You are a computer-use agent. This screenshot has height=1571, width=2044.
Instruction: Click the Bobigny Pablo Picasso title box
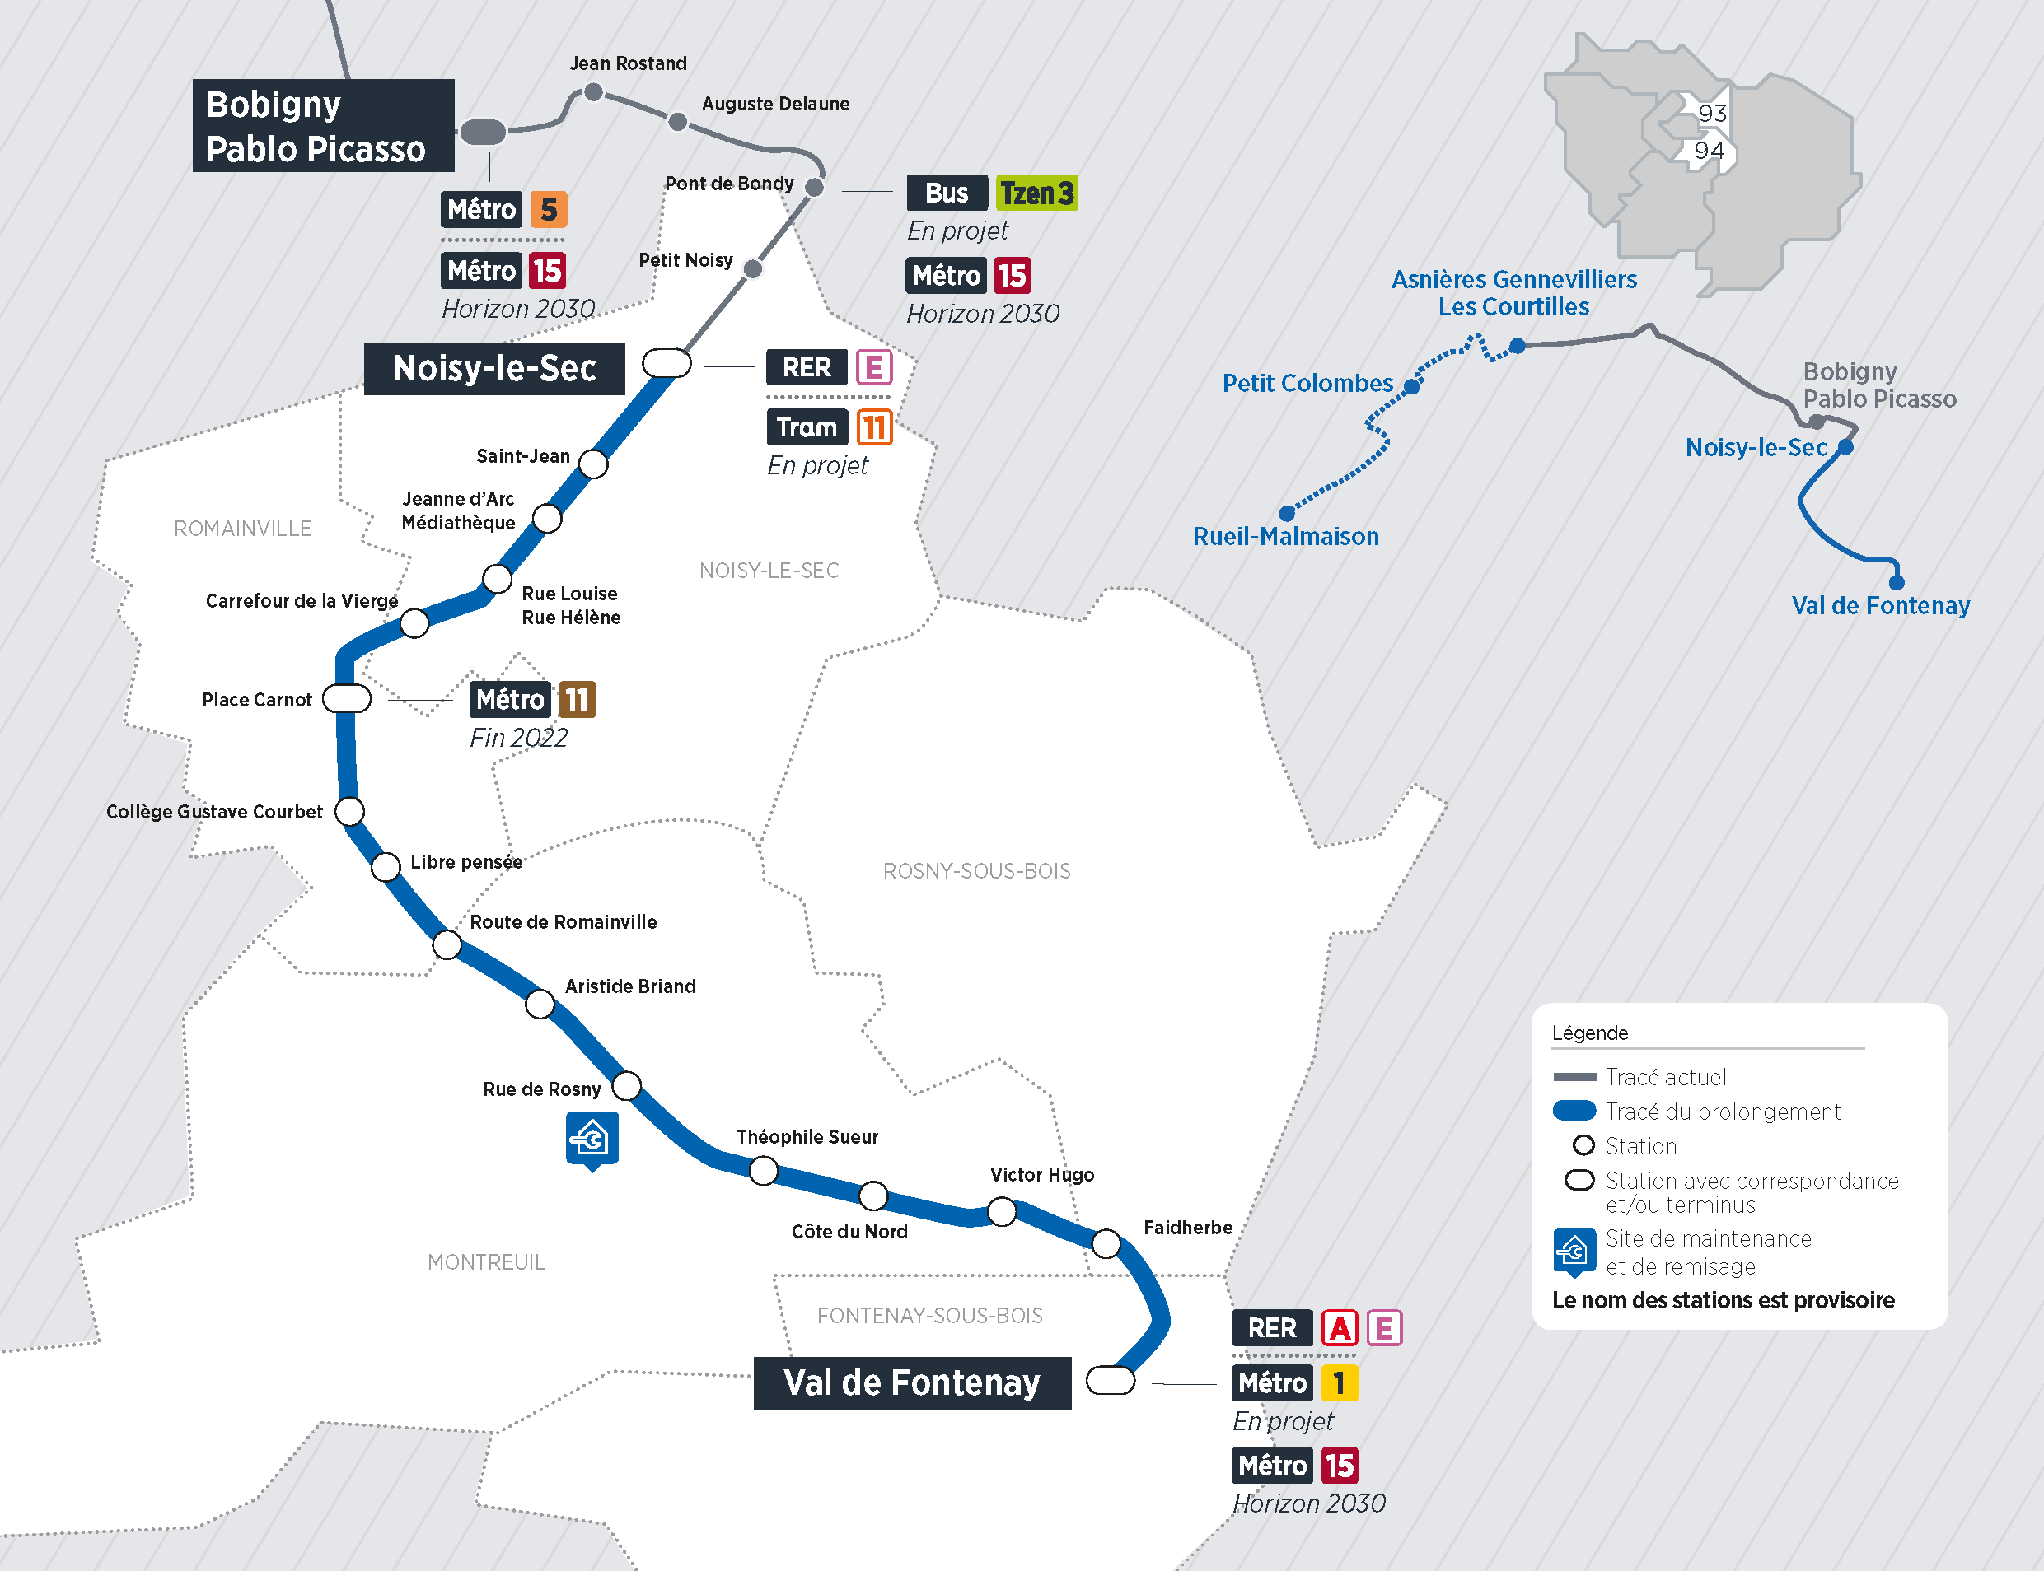point(323,125)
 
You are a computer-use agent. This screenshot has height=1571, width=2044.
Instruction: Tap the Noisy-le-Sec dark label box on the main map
point(494,368)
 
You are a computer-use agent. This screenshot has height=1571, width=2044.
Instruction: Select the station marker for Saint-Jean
point(593,463)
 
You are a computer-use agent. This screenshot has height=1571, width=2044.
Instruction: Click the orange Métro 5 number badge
point(548,209)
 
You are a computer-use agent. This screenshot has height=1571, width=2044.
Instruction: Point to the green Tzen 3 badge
point(1036,193)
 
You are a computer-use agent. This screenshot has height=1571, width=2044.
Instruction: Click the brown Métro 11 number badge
point(576,700)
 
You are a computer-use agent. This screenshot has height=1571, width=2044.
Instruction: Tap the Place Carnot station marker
point(347,698)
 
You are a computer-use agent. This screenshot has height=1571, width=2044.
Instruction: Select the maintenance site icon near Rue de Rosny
point(592,1138)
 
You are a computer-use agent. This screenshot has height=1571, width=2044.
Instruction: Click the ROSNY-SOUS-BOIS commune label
point(975,870)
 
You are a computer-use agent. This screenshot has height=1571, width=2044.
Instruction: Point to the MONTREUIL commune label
point(485,1261)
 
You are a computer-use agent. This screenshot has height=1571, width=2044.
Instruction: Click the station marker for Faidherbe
point(1106,1243)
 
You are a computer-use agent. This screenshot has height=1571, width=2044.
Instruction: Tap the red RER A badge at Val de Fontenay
point(1339,1328)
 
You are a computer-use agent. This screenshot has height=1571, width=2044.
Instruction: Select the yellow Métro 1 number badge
point(1339,1382)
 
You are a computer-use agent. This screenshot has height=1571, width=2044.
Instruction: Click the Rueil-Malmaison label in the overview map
point(1284,537)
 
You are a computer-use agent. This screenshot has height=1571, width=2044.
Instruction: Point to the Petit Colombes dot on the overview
point(1411,386)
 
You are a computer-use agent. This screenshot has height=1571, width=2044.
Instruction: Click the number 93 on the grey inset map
point(1711,113)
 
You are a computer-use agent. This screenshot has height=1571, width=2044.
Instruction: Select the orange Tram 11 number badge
point(874,427)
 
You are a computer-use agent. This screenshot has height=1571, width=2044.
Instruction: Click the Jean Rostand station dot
point(593,91)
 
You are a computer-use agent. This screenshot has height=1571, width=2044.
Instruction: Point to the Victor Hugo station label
point(1041,1174)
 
